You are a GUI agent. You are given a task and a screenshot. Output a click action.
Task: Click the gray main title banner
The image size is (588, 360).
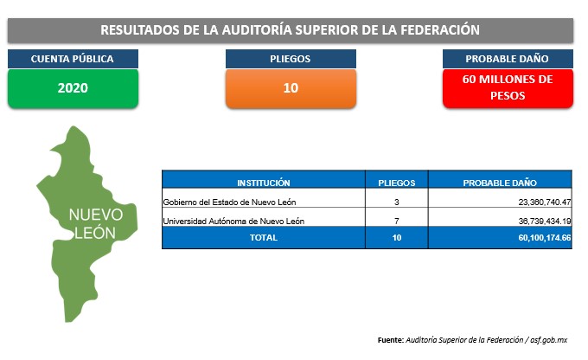pos(291,30)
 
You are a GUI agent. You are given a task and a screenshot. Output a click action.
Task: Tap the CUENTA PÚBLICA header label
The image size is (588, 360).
pos(73,59)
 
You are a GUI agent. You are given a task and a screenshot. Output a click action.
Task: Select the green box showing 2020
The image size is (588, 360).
pos(73,88)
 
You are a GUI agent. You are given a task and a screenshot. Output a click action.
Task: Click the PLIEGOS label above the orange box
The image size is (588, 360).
pos(291,59)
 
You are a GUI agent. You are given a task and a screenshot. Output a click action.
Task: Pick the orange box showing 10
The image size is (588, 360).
pos(291,88)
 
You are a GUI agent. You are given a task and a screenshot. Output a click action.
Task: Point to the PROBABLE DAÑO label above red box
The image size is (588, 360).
pos(508,59)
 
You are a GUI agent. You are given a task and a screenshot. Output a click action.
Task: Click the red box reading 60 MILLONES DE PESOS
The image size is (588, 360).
pos(508,88)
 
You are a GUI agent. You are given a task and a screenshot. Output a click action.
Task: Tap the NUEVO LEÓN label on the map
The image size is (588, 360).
pos(96,224)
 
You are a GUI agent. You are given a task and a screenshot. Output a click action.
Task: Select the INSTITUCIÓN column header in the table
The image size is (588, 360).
pos(264,183)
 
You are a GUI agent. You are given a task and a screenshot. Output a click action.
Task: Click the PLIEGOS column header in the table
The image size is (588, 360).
pos(397,183)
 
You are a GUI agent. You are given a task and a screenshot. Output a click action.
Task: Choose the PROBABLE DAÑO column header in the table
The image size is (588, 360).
pos(500,183)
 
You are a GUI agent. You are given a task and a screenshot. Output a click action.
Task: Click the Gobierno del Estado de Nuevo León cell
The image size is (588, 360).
pos(229,202)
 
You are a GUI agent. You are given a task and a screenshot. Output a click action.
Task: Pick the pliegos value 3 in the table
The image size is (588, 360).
pos(397,202)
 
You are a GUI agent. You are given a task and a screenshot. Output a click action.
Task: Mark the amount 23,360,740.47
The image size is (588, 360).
pos(545,202)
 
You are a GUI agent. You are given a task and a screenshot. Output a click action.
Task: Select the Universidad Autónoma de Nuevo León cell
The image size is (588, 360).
pos(233,221)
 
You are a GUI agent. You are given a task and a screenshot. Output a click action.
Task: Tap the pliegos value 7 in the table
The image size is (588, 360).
pos(397,221)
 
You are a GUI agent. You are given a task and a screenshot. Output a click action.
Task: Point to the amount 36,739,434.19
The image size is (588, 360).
pos(545,221)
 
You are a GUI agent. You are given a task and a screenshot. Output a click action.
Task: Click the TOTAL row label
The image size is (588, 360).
pos(264,238)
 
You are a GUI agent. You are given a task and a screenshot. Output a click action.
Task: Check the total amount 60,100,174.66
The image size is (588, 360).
pos(545,238)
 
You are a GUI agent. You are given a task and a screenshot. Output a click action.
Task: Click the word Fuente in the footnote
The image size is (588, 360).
pos(390,340)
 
